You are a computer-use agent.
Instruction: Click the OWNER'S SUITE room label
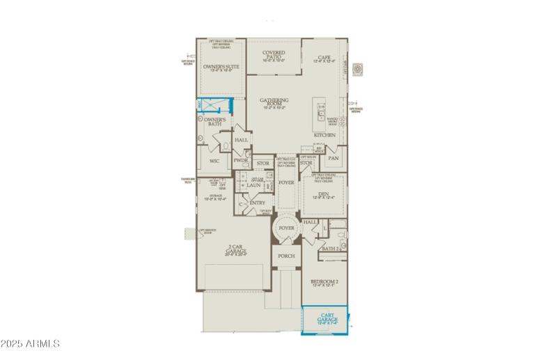click(221, 68)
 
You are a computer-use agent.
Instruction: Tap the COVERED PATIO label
click(274, 53)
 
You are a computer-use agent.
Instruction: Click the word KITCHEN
click(324, 135)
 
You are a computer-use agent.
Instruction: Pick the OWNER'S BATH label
click(210, 123)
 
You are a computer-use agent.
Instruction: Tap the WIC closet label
click(214, 162)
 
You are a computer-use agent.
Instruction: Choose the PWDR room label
click(241, 160)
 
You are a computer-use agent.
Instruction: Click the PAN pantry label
click(334, 159)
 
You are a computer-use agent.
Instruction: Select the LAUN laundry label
click(253, 185)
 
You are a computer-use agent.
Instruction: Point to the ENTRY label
click(257, 203)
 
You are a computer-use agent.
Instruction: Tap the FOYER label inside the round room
click(286, 228)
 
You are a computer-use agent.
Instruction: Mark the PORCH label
click(286, 256)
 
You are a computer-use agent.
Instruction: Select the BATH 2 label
click(330, 249)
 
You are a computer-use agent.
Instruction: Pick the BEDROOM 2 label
click(324, 281)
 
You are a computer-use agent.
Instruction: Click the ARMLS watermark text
click(31, 344)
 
